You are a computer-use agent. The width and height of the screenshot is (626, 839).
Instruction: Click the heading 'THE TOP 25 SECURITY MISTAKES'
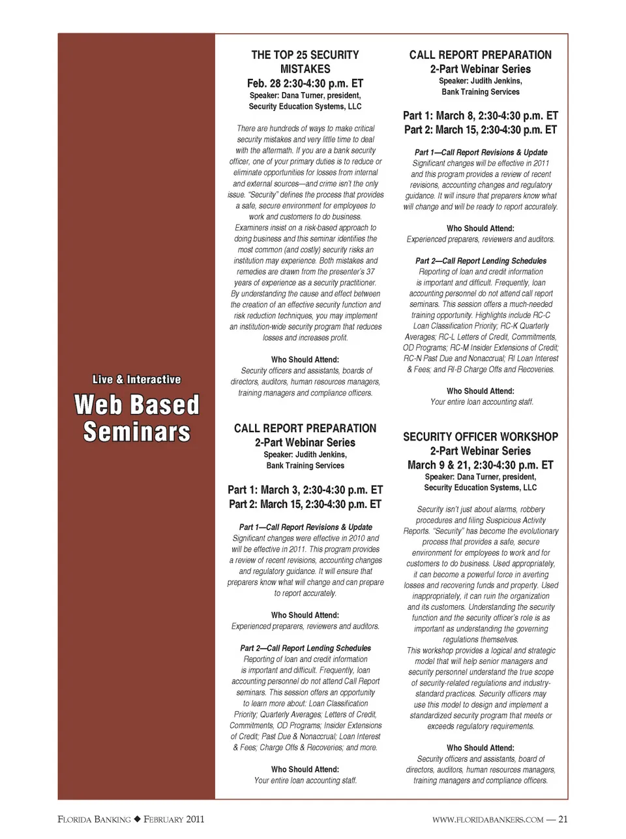305,62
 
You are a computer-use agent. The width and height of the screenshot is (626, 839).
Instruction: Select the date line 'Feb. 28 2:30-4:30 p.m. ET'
305,84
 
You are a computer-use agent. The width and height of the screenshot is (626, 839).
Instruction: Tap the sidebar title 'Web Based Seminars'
137,419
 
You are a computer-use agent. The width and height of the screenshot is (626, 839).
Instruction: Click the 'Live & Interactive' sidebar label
137,379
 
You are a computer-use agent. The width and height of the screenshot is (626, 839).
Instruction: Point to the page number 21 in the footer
563,819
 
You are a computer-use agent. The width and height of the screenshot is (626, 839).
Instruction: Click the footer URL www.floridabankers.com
488,820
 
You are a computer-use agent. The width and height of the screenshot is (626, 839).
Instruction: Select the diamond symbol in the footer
138,819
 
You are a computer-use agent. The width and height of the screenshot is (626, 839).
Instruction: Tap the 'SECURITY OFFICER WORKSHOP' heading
481,437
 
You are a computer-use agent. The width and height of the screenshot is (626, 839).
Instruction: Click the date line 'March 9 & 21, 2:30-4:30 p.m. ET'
481,466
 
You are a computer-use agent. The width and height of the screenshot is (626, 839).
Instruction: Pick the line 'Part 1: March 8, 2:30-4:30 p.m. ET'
481,116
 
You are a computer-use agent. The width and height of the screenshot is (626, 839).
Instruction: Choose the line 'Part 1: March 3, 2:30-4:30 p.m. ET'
305,490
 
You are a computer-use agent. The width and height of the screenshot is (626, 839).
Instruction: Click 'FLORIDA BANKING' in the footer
94,819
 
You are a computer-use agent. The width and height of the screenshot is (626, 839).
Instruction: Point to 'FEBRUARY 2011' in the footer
174,819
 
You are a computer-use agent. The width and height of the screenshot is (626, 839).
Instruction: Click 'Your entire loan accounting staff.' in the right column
482,402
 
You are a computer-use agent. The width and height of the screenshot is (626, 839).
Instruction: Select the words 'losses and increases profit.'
305,338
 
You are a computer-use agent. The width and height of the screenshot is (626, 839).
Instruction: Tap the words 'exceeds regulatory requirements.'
481,727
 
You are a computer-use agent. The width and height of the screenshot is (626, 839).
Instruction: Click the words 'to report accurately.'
305,594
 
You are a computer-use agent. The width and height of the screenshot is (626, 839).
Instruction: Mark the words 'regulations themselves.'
481,640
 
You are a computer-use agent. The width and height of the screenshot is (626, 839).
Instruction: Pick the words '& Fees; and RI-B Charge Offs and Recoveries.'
481,370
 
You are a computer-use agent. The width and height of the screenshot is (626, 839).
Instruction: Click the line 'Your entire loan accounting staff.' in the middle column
305,780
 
